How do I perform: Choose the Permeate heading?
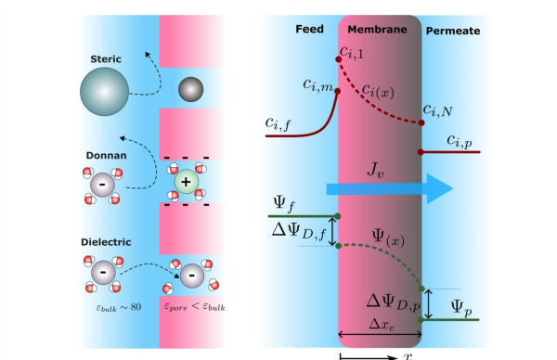(x=452, y=30)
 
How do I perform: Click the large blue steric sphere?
(x=108, y=95)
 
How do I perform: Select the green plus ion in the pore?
(x=186, y=184)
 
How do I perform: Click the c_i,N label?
(x=441, y=109)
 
